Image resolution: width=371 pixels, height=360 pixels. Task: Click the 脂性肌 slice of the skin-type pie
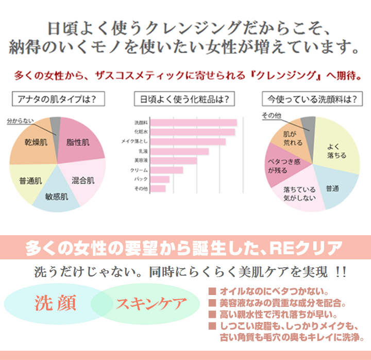[78, 142]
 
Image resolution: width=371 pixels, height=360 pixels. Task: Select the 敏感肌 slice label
[57, 197]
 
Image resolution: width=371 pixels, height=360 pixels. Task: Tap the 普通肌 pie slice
[30, 181]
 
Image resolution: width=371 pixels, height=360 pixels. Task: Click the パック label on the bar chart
[141, 179]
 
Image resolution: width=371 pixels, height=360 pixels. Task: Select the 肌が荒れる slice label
[292, 138]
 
